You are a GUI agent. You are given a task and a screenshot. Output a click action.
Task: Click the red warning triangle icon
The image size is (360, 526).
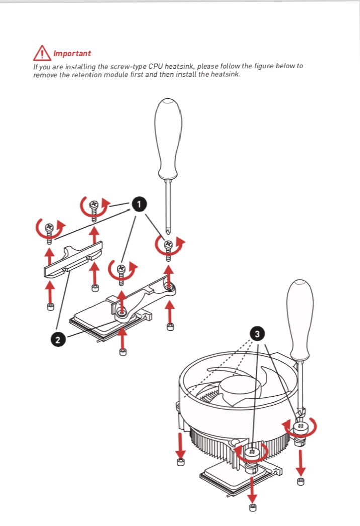[x=42, y=53]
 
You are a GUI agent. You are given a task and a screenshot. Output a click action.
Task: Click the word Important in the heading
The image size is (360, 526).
[x=72, y=53]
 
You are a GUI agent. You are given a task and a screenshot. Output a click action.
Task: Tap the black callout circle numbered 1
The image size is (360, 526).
[x=139, y=204]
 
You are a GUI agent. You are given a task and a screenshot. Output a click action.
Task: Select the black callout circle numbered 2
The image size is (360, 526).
[x=58, y=340]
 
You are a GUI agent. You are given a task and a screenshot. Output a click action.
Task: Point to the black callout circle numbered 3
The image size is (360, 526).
[x=257, y=334]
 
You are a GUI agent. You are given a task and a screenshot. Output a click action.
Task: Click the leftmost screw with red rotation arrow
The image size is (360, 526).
[x=49, y=232]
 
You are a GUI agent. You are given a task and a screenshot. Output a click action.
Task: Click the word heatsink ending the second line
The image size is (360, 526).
[x=225, y=74]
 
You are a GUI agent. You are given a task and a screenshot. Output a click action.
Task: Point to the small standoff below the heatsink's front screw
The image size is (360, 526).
[x=253, y=507]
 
